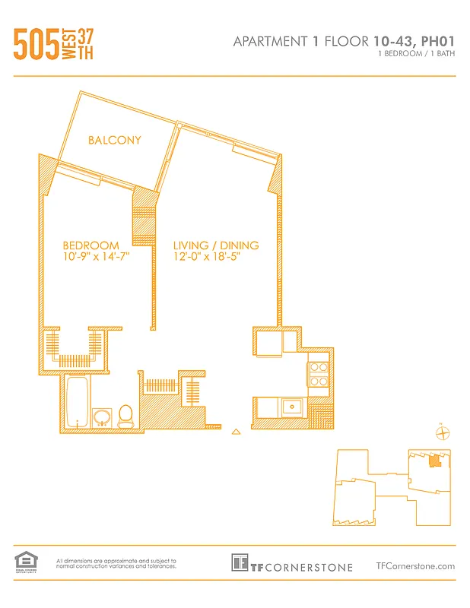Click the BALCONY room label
114,140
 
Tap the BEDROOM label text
91,245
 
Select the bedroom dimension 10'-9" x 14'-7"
96,257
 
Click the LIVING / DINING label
216,245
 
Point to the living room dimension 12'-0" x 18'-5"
211,257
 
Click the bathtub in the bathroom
77,403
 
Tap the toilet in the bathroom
126,414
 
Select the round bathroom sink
100,416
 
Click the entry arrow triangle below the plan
236,432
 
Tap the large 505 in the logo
37,45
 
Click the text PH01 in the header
437,42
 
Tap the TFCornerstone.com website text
415,565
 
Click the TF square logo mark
240,563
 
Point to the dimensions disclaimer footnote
116,563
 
